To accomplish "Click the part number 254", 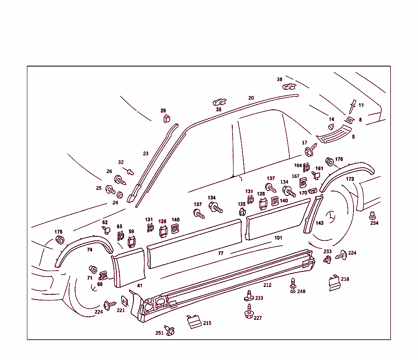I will pos(374,223).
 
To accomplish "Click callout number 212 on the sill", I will pos(267,285).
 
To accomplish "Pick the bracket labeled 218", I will pos(334,283).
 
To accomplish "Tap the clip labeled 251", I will pos(169,329).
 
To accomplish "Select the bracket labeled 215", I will pos(193,322).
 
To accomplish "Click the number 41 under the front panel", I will pos(140,286).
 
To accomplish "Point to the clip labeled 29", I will pos(166,119).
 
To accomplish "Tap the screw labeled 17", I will pos(310,150).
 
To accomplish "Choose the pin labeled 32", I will pos(130,171).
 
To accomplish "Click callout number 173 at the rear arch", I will pos(350,179).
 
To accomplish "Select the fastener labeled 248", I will pos(293,284).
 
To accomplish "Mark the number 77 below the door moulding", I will pos(221,253).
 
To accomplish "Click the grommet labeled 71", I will pos(93,269).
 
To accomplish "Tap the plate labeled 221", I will pos(125,301).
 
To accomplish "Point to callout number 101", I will pos(278,238).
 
